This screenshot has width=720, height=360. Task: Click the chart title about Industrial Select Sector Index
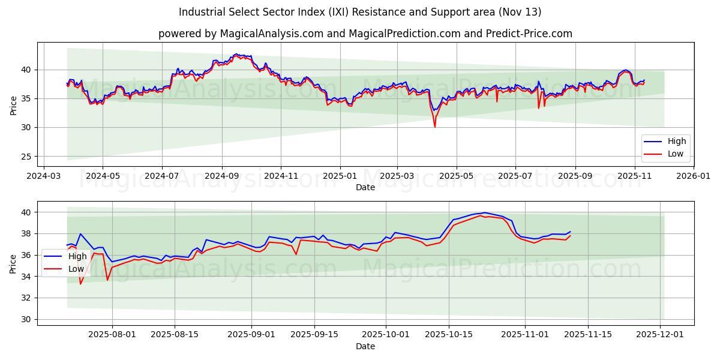coord(360,12)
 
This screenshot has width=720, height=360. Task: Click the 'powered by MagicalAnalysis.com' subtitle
coord(365,34)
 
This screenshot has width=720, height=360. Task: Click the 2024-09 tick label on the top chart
coord(221,176)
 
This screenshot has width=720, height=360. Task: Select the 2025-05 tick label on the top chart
coord(456,176)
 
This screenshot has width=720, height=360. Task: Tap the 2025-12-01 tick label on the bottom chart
coord(661,335)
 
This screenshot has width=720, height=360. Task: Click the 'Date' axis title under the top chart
coord(365,187)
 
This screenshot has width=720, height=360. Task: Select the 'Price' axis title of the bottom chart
coord(13,263)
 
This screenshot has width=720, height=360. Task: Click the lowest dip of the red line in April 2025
coord(435,127)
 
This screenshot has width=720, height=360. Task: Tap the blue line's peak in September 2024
coord(236,54)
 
